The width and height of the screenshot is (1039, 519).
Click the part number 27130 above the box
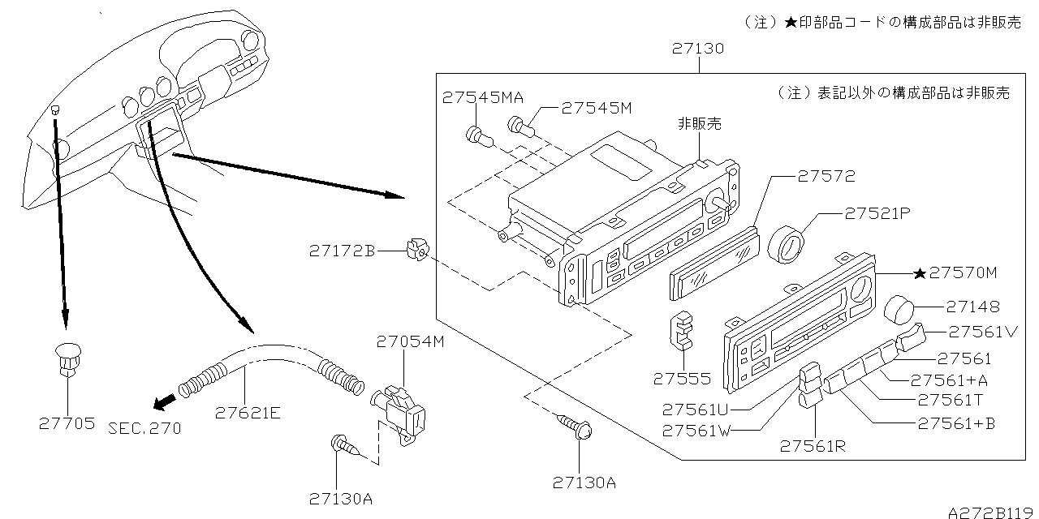698,49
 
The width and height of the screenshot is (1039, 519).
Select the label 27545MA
483,97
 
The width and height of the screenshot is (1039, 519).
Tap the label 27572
826,176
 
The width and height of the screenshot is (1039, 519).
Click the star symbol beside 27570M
920,273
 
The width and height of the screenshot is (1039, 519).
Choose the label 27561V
983,331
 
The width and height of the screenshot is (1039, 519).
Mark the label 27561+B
956,422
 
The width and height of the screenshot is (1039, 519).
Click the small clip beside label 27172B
416,251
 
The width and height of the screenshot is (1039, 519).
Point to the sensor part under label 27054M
399,410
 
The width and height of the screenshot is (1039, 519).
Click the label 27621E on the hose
248,412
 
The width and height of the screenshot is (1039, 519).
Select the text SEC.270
144,427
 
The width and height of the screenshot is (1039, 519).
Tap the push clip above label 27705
67,358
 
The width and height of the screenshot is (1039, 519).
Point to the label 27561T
951,400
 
